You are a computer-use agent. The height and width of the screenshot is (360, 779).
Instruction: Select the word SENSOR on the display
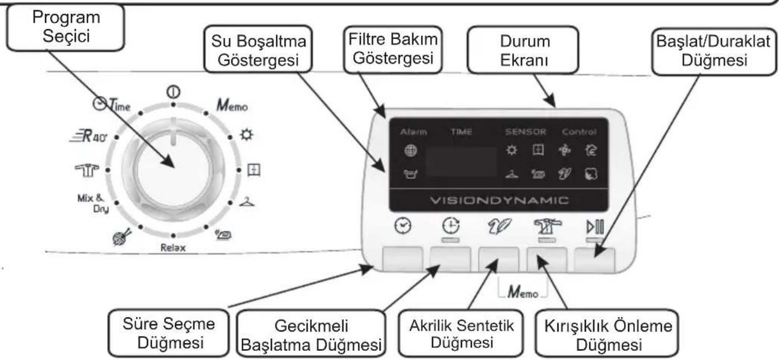pos(525,132)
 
